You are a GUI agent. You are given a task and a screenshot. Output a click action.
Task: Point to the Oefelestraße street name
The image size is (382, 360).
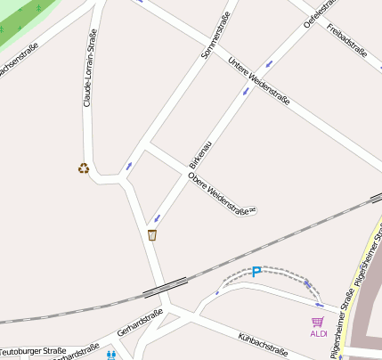318,12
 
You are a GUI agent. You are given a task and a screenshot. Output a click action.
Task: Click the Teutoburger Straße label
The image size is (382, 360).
34,352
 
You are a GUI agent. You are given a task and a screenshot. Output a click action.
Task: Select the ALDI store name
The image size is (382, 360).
318,333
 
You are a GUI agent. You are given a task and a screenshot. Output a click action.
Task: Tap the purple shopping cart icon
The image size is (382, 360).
318,321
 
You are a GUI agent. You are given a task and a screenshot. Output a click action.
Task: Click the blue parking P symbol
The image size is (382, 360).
256,272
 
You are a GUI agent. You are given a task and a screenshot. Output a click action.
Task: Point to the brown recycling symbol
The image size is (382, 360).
84,167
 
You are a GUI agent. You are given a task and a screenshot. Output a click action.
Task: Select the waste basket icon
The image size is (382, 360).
152,234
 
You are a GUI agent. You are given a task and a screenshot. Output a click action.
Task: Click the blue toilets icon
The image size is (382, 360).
111,354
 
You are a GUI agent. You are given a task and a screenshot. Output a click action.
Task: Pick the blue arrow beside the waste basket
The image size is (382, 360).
158,218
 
